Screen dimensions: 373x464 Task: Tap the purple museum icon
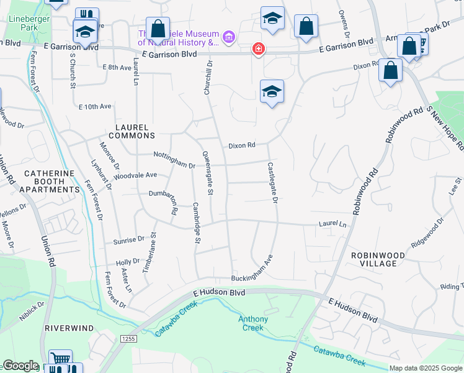(230, 38)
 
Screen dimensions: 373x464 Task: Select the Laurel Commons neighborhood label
(132, 131)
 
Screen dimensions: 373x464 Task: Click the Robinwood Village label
(378, 259)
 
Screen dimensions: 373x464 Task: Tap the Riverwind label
(69, 328)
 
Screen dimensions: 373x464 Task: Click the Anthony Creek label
(254, 323)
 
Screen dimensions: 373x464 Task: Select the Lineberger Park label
(24, 23)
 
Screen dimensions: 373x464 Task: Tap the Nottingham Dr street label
(175, 161)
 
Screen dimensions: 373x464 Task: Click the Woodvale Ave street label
(135, 176)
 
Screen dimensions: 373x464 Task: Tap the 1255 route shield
(128, 338)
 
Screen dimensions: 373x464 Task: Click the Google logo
(20, 366)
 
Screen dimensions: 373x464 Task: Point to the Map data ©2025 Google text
(425, 368)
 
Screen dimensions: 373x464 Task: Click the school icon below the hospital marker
(272, 92)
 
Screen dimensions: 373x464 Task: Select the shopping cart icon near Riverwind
(60, 359)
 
